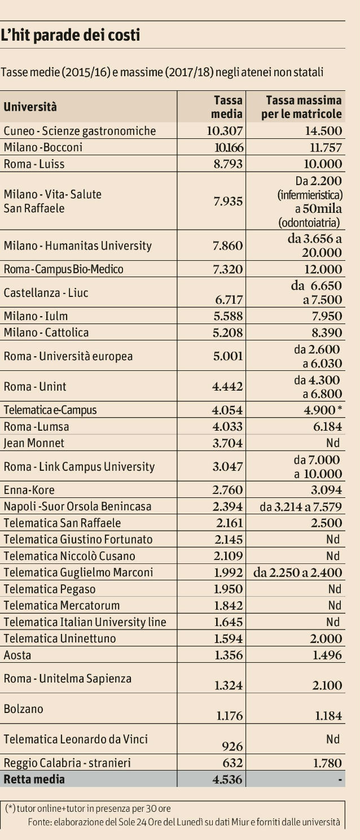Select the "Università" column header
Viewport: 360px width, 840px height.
(30, 106)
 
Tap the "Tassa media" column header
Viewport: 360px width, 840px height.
(228, 107)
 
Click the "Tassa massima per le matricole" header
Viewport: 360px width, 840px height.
(303, 107)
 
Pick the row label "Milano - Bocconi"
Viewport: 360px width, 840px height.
(43, 147)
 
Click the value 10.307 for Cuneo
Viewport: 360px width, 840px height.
(224, 131)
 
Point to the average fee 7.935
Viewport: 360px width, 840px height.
(228, 202)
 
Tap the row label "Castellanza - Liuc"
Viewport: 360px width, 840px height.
(46, 292)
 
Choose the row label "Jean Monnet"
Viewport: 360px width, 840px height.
(34, 443)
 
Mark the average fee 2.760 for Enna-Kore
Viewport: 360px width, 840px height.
(228, 490)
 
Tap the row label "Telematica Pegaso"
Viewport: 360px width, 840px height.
(50, 589)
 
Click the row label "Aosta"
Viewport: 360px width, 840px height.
(17, 655)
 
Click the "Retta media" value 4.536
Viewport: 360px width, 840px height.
(228, 780)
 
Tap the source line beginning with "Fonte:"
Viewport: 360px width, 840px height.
(184, 822)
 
